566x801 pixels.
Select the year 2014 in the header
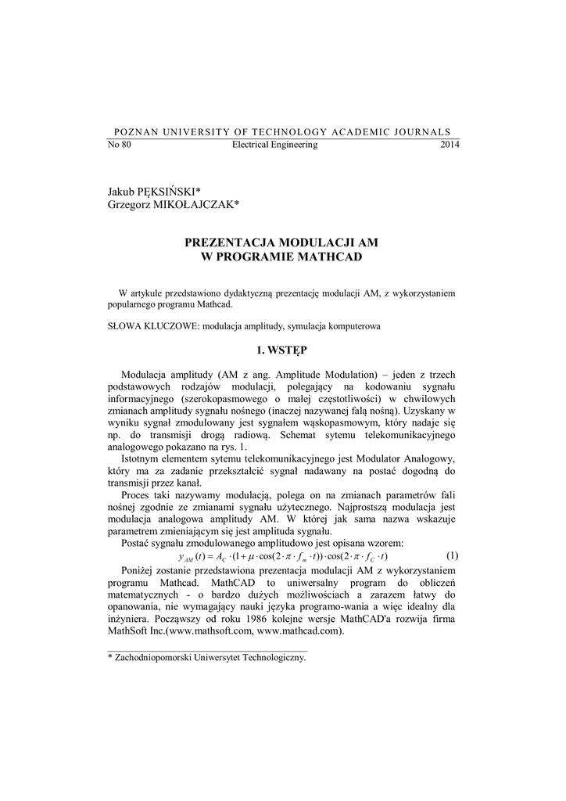pyautogui.click(x=450, y=145)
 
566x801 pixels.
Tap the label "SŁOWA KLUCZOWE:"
pyautogui.click(x=153, y=325)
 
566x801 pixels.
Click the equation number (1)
pyautogui.click(x=452, y=555)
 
